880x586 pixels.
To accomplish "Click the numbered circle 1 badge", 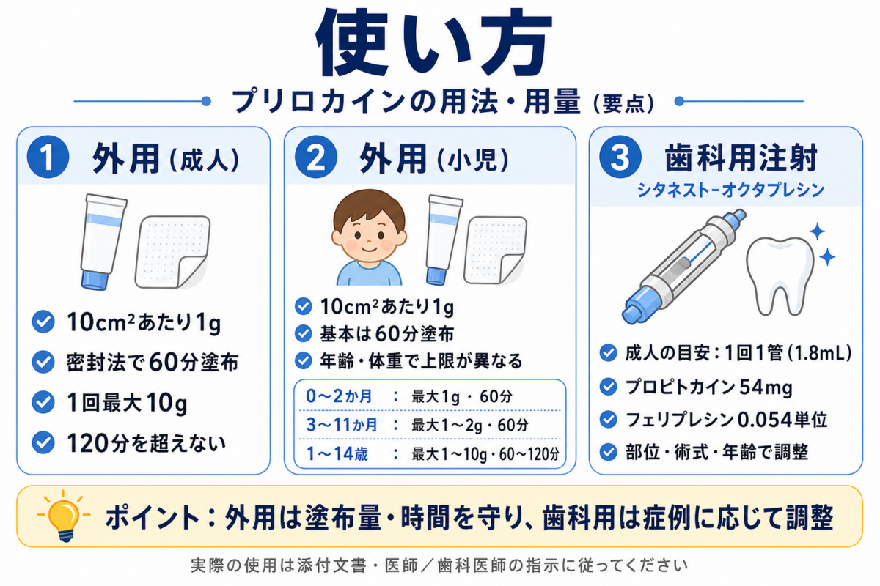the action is coord(48,157).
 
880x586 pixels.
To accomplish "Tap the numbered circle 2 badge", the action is coord(316,157).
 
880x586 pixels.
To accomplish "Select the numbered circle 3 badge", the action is coord(620,157).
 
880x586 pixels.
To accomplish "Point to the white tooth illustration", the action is coord(780,275).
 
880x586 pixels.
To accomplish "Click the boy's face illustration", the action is coord(368,228).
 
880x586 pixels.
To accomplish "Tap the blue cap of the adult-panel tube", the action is coord(95,279).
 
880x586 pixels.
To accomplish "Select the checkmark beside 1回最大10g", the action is coord(43,402).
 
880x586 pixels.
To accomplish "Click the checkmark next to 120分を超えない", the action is coord(43,442).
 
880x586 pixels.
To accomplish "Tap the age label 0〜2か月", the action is coord(339,396).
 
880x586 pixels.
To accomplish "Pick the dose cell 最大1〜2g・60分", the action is coord(470,425).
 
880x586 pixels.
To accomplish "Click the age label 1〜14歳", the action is coord(337,453).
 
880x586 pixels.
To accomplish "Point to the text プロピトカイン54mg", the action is coord(708,387).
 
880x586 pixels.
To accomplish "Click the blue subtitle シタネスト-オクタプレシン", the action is coord(730,190).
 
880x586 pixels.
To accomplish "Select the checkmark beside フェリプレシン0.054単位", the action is coord(608,420).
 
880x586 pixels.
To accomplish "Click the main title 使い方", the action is coord(434,42).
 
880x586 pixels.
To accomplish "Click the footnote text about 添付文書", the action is coord(439,565).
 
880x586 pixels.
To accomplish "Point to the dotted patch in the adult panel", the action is coord(172,251).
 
